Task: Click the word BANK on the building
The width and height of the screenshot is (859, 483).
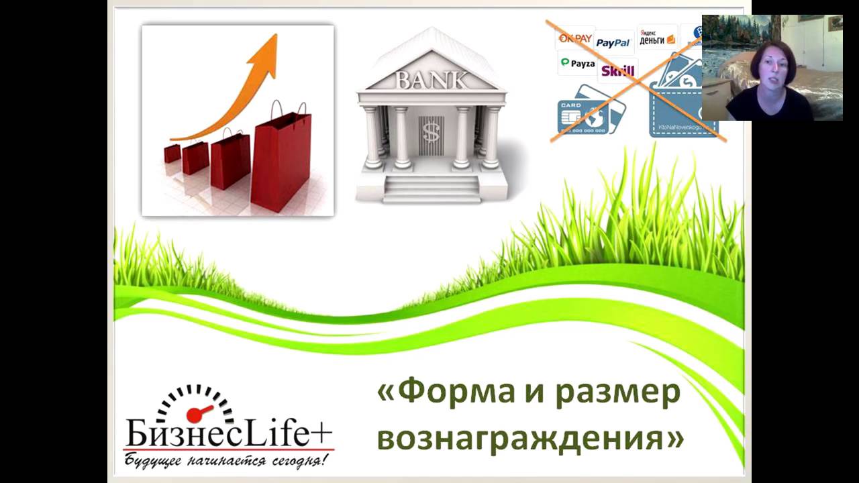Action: [431, 80]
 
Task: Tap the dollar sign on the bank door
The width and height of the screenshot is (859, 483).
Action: [430, 133]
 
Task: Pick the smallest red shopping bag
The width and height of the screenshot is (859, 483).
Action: [172, 153]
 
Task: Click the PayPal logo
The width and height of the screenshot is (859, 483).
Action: [613, 43]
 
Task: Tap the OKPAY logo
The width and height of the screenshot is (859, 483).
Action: [575, 38]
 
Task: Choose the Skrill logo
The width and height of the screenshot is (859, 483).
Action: [617, 70]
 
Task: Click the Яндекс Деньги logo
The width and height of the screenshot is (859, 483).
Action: [657, 37]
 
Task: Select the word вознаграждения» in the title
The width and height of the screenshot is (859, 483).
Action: [530, 438]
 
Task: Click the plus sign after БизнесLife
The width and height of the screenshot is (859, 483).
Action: [321, 433]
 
